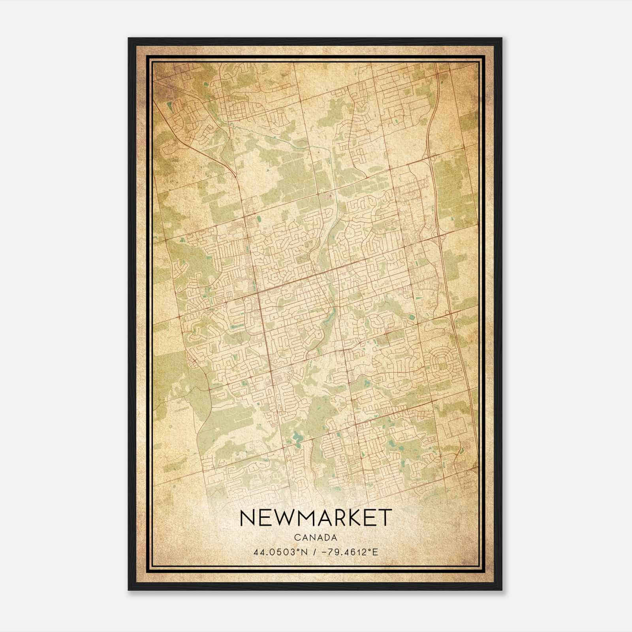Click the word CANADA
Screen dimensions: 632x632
point(316,537)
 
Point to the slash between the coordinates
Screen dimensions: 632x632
point(314,551)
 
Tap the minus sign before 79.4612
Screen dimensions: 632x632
point(324,551)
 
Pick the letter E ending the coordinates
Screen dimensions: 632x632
point(376,551)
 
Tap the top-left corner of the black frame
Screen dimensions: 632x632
point(129,38)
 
